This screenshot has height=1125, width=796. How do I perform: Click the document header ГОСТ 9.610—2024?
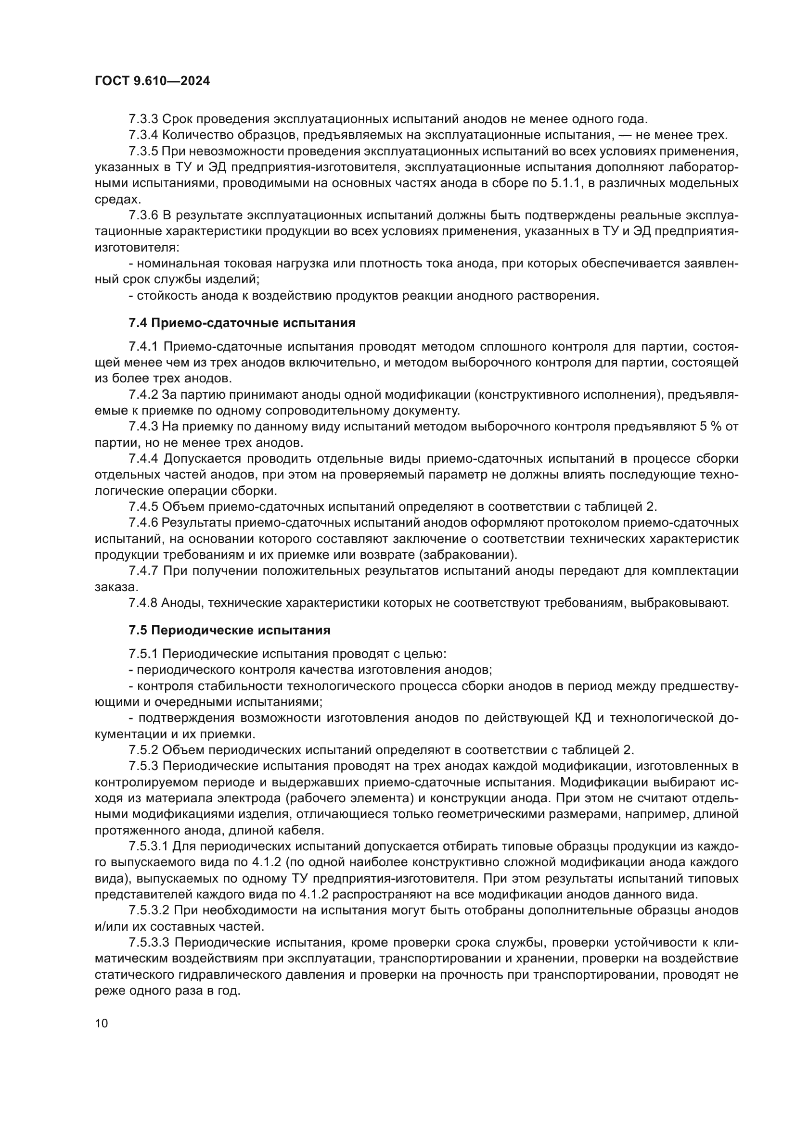pos(152,81)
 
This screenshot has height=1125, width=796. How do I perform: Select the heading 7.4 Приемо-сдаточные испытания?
pos(242,323)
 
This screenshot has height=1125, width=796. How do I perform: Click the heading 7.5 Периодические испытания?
pos(230,630)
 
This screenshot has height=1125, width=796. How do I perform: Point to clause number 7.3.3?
pos(143,119)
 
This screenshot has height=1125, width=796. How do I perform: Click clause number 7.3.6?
pos(143,215)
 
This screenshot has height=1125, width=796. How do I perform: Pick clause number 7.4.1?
pos(143,347)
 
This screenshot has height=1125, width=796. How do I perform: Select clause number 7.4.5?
pos(143,506)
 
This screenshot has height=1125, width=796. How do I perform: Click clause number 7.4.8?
pos(143,603)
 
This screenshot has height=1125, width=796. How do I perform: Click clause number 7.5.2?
pos(143,750)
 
